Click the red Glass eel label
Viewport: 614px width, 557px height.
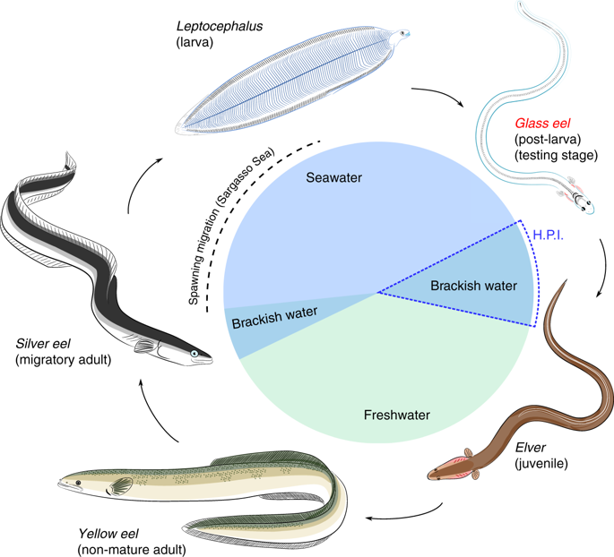(542, 124)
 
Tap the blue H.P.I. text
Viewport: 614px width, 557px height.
(549, 236)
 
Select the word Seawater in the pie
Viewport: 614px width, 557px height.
(333, 177)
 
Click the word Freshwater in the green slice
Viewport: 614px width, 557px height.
(397, 415)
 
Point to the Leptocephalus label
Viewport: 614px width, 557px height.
(220, 26)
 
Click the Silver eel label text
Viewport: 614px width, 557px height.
(43, 344)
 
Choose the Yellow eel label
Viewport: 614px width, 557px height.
(108, 534)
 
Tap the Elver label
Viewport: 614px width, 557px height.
(531, 448)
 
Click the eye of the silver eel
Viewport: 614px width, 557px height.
(195, 354)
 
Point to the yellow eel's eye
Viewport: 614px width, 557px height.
(78, 483)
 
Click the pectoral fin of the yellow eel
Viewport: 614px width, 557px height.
(120, 486)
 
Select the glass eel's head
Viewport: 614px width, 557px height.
(583, 202)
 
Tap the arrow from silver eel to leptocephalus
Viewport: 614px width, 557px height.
(137, 181)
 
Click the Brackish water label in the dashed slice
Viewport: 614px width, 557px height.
(474, 286)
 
